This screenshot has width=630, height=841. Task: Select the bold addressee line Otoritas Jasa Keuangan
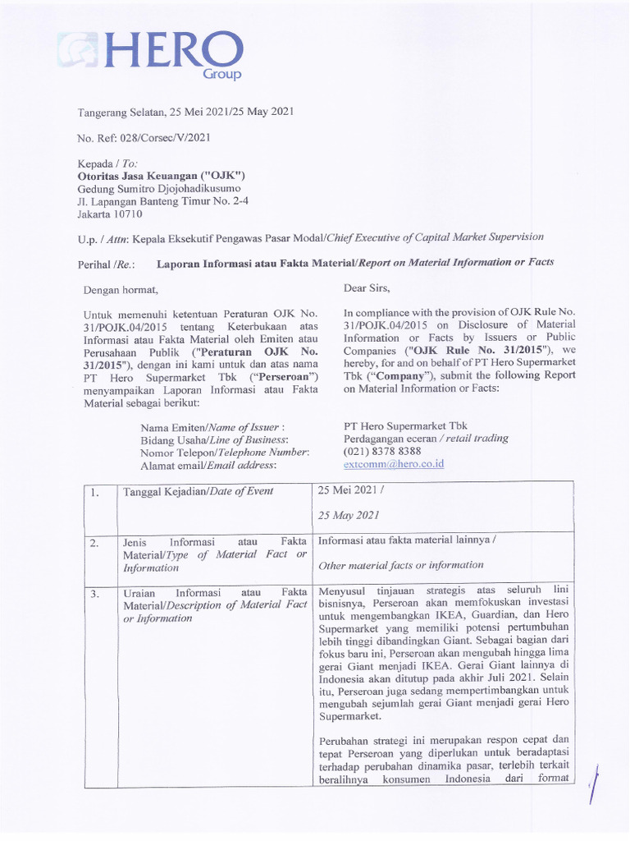coord(161,176)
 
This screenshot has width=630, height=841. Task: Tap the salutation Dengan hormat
coord(121,289)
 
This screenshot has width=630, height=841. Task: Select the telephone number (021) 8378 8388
coord(382,451)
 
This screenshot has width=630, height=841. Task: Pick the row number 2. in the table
coord(95,543)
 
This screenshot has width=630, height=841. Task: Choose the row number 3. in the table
coord(95,593)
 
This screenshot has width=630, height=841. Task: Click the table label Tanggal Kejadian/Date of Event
coord(198,491)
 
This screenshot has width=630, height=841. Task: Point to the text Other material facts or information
coord(400,565)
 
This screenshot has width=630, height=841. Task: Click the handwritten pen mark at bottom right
coord(595,787)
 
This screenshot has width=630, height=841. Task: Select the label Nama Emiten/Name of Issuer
coord(212,428)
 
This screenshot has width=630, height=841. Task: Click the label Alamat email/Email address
coord(208,465)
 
